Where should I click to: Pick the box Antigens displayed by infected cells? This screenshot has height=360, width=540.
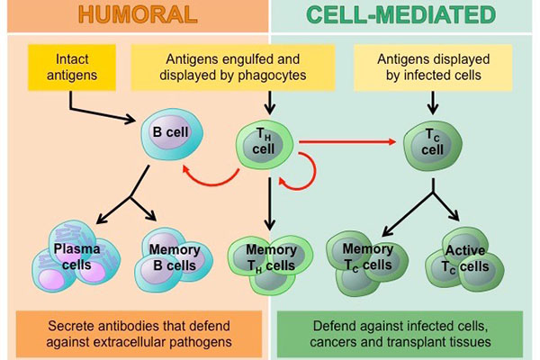pyautogui.click(x=430, y=67)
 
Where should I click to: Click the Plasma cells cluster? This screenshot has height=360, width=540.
pyautogui.click(x=71, y=257)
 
